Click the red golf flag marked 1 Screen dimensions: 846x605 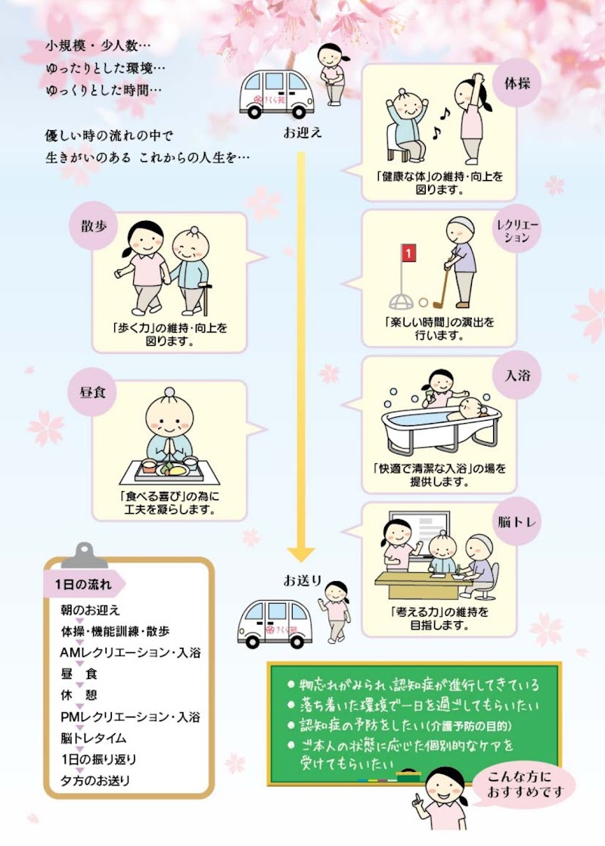pyautogui.click(x=408, y=253)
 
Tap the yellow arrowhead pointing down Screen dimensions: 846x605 pyautogui.click(x=300, y=553)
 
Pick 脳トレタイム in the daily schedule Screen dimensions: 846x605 pyautogui.click(x=94, y=738)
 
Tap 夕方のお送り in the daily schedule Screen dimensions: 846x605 pyautogui.click(x=95, y=780)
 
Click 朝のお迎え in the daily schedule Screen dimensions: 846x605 pyautogui.click(x=91, y=609)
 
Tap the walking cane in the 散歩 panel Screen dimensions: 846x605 pyautogui.click(x=204, y=299)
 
